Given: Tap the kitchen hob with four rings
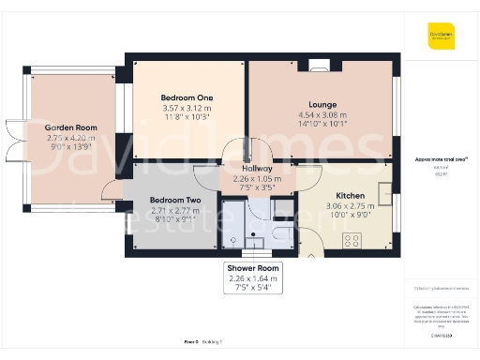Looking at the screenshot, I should [353, 240].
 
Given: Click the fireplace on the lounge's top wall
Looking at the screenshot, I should [321, 66].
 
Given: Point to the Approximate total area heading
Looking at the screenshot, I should [441, 159].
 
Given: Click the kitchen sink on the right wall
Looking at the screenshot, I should [384, 192].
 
